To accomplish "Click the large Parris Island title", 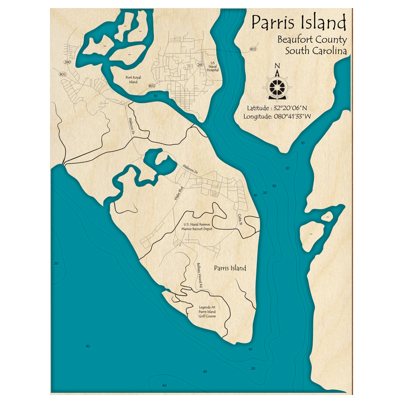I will (x=299, y=23).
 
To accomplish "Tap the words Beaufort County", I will (x=312, y=40).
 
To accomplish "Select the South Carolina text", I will (x=316, y=51).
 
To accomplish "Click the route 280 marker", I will (x=67, y=62).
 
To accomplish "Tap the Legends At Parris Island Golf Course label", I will (x=207, y=312).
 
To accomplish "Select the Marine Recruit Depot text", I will (x=197, y=229).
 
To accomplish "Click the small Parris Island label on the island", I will (x=230, y=268).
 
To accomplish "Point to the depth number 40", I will (x=164, y=385).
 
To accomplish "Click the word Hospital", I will (x=213, y=70).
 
